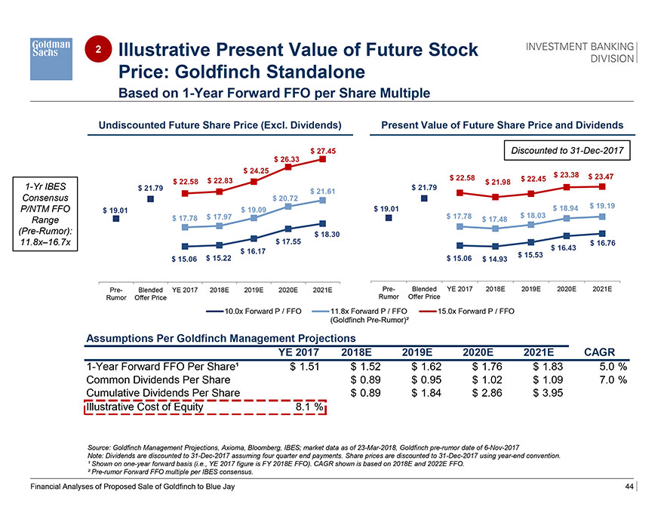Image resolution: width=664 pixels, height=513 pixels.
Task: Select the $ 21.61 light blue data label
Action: [x=322, y=191]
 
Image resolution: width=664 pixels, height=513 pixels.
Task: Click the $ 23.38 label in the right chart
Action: [x=567, y=174]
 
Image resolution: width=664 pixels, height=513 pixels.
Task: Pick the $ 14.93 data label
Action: [x=493, y=260]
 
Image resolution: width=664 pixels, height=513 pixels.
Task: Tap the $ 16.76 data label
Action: [x=602, y=243]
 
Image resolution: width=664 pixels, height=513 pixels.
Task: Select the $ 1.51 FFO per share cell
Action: [x=305, y=367]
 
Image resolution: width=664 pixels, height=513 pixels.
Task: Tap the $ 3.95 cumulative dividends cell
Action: [x=549, y=393]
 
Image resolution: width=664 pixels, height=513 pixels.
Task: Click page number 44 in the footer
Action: [x=629, y=487]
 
